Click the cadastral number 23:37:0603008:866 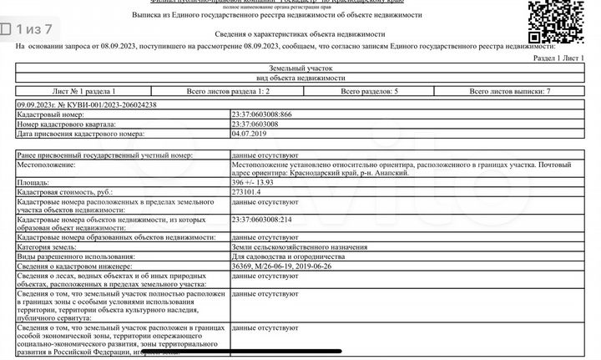[261, 114]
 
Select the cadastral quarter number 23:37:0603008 [255, 124]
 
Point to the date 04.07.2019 [248, 133]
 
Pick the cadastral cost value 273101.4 [247, 191]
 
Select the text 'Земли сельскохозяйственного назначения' [300, 248]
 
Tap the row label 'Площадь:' [33, 181]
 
